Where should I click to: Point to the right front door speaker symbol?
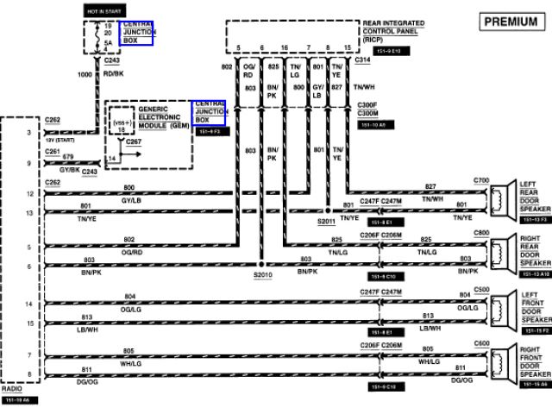(x=500, y=363)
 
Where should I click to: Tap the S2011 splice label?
(x=326, y=221)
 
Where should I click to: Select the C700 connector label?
(x=481, y=180)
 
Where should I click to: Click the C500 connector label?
(x=481, y=289)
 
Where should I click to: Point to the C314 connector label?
(x=363, y=60)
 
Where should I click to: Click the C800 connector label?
(x=481, y=233)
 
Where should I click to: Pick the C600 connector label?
(x=481, y=343)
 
